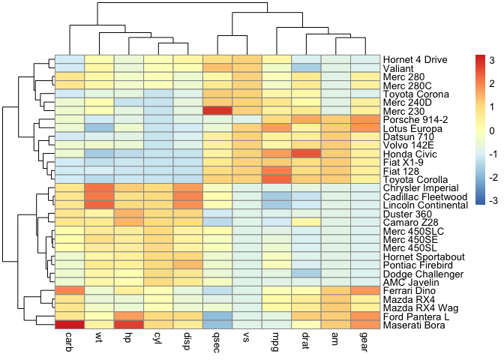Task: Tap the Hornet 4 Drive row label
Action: tap(415, 59)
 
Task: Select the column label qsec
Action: tap(217, 341)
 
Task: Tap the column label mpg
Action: tap(277, 341)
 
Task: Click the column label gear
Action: tap(365, 341)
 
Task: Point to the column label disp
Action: tap(187, 341)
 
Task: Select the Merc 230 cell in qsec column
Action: tap(217, 110)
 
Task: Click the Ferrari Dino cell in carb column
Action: tap(70, 289)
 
